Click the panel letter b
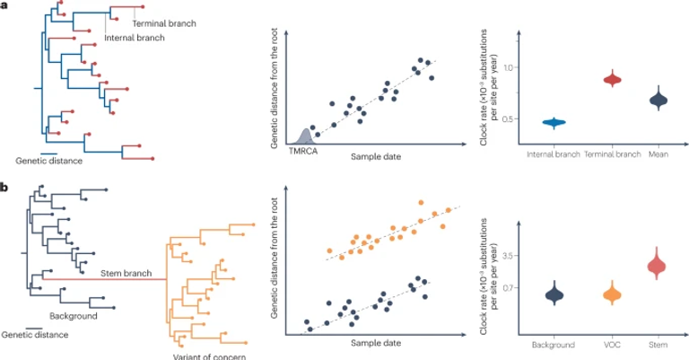pyautogui.click(x=5, y=187)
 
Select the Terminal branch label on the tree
pyautogui.click(x=162, y=21)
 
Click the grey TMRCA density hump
pyautogui.click(x=305, y=136)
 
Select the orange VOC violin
pyautogui.click(x=613, y=294)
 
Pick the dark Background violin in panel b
pyautogui.click(x=555, y=294)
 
